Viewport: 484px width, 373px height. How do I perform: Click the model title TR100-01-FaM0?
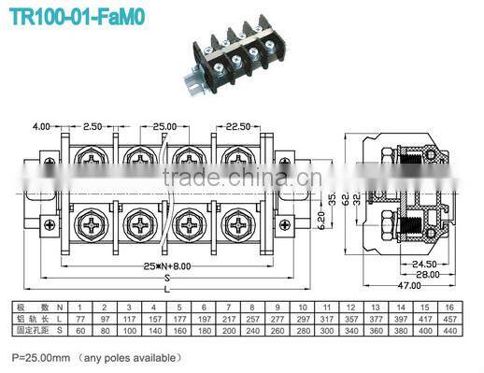click(77, 17)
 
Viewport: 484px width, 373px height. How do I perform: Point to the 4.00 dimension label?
click(40, 125)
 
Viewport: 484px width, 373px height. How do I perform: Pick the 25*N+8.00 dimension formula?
click(167, 265)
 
